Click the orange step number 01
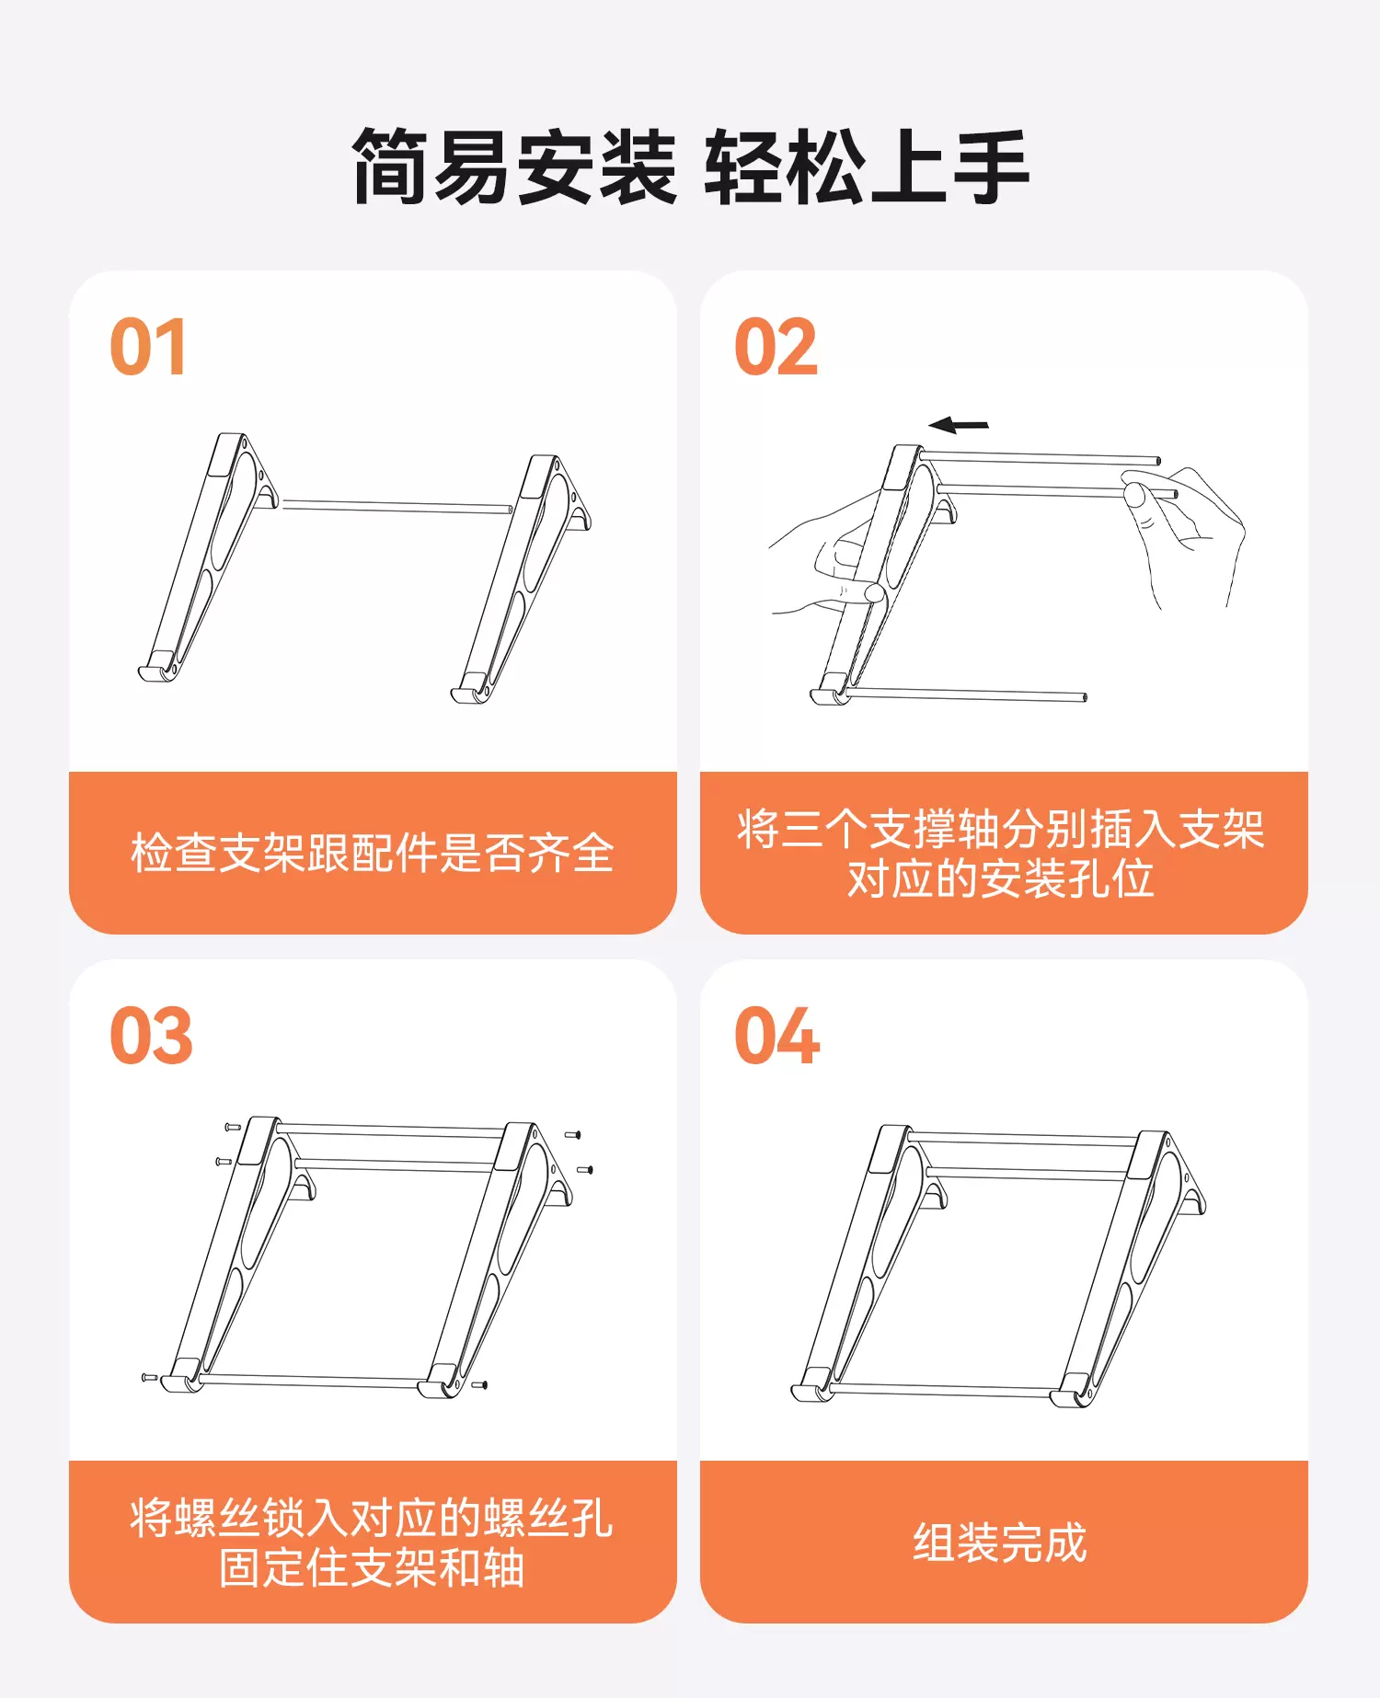tap(148, 347)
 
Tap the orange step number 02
tap(776, 347)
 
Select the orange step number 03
tap(151, 1036)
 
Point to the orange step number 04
tap(777, 1036)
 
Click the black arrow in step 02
tap(959, 425)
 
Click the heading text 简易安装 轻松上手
tap(690, 167)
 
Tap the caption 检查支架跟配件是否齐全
tap(373, 853)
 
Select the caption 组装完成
tap(1000, 1542)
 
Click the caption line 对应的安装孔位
tap(1000, 878)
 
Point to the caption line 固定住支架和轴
tap(372, 1567)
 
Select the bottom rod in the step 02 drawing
tap(966, 694)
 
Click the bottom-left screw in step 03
tap(149, 1377)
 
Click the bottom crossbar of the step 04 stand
tap(943, 1391)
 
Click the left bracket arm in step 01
tap(208, 557)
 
